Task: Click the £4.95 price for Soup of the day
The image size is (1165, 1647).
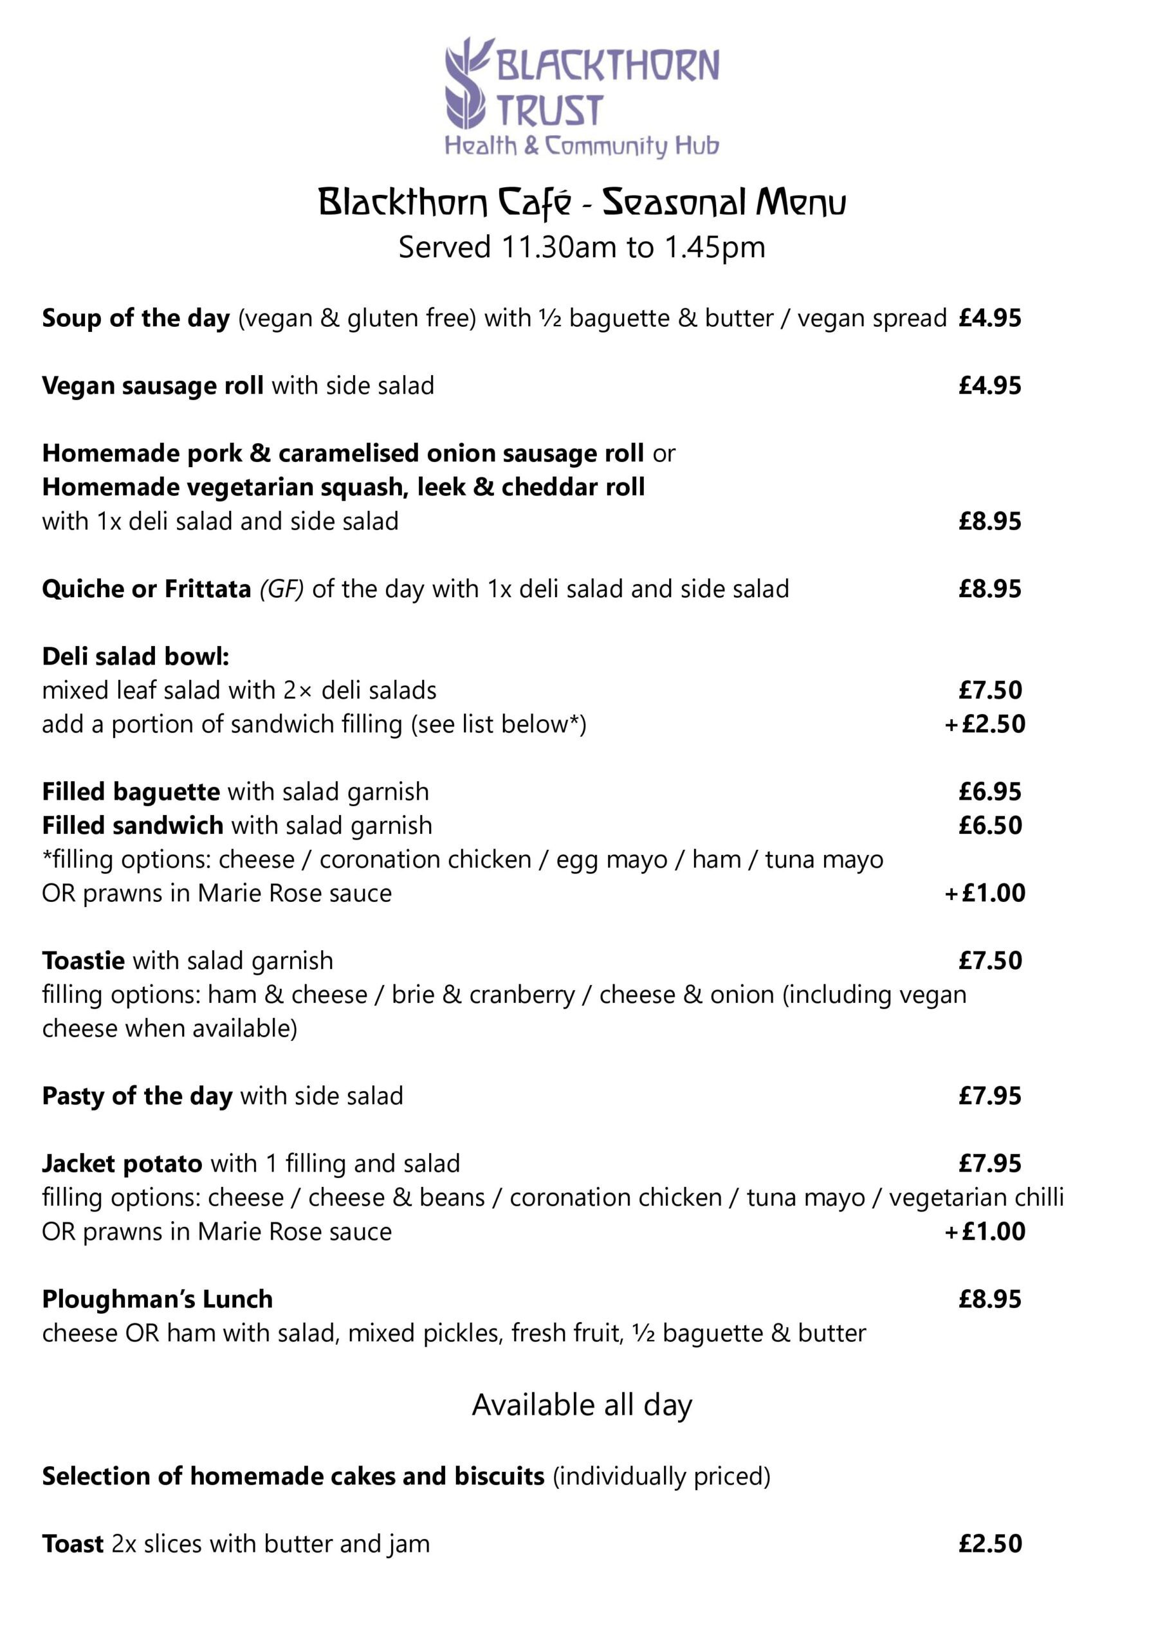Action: [x=989, y=318]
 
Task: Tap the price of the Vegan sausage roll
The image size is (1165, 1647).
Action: [x=989, y=386]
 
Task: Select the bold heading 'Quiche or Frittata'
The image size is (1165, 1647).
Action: [x=146, y=589]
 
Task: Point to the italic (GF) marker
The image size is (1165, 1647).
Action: [x=281, y=589]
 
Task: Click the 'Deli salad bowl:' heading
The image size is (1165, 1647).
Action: [x=136, y=656]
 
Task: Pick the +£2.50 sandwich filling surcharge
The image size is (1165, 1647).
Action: [x=985, y=724]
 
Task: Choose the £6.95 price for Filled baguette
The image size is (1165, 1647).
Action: [x=989, y=792]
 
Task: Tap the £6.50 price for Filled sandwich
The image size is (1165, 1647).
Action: [x=989, y=825]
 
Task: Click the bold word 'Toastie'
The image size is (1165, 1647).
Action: [x=83, y=961]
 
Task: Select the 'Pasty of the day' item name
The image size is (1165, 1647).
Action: [x=137, y=1096]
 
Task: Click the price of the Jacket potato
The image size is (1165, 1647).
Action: [x=989, y=1164]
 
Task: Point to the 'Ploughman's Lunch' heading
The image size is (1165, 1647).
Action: [x=157, y=1299]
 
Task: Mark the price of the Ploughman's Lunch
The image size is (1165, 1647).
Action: [x=989, y=1299]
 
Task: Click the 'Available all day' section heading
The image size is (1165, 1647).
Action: [x=582, y=1405]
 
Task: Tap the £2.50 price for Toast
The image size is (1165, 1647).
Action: [x=989, y=1543]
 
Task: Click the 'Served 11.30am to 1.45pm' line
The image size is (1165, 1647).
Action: [x=582, y=248]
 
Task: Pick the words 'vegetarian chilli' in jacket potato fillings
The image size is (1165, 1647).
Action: [x=977, y=1197]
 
